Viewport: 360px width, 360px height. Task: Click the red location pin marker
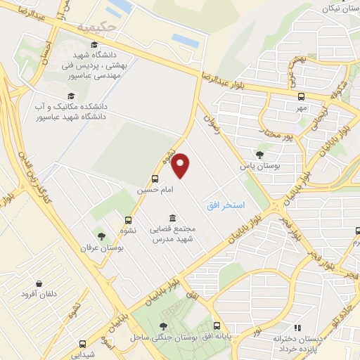181,165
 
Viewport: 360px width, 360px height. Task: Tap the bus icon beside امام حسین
155,179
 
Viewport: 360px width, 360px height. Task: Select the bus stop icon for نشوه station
127,220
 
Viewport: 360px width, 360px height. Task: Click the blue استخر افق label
226,205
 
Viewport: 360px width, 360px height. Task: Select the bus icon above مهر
302,97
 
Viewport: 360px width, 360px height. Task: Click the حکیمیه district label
95,27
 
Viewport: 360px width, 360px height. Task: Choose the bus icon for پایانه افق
217,326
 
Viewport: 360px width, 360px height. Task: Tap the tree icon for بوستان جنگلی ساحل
164,326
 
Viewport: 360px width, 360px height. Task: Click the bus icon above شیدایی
83,345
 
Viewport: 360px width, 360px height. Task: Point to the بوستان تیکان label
341,8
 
